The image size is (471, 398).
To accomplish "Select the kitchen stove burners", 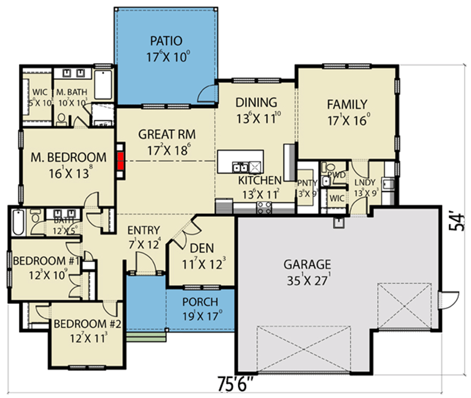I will [264, 208].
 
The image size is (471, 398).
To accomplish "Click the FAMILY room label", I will [346, 104].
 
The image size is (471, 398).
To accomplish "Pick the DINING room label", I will [255, 103].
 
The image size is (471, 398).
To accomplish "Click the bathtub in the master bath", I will [103, 84].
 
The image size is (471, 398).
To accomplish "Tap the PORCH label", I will [200, 303].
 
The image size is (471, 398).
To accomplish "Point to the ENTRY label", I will [144, 230].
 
